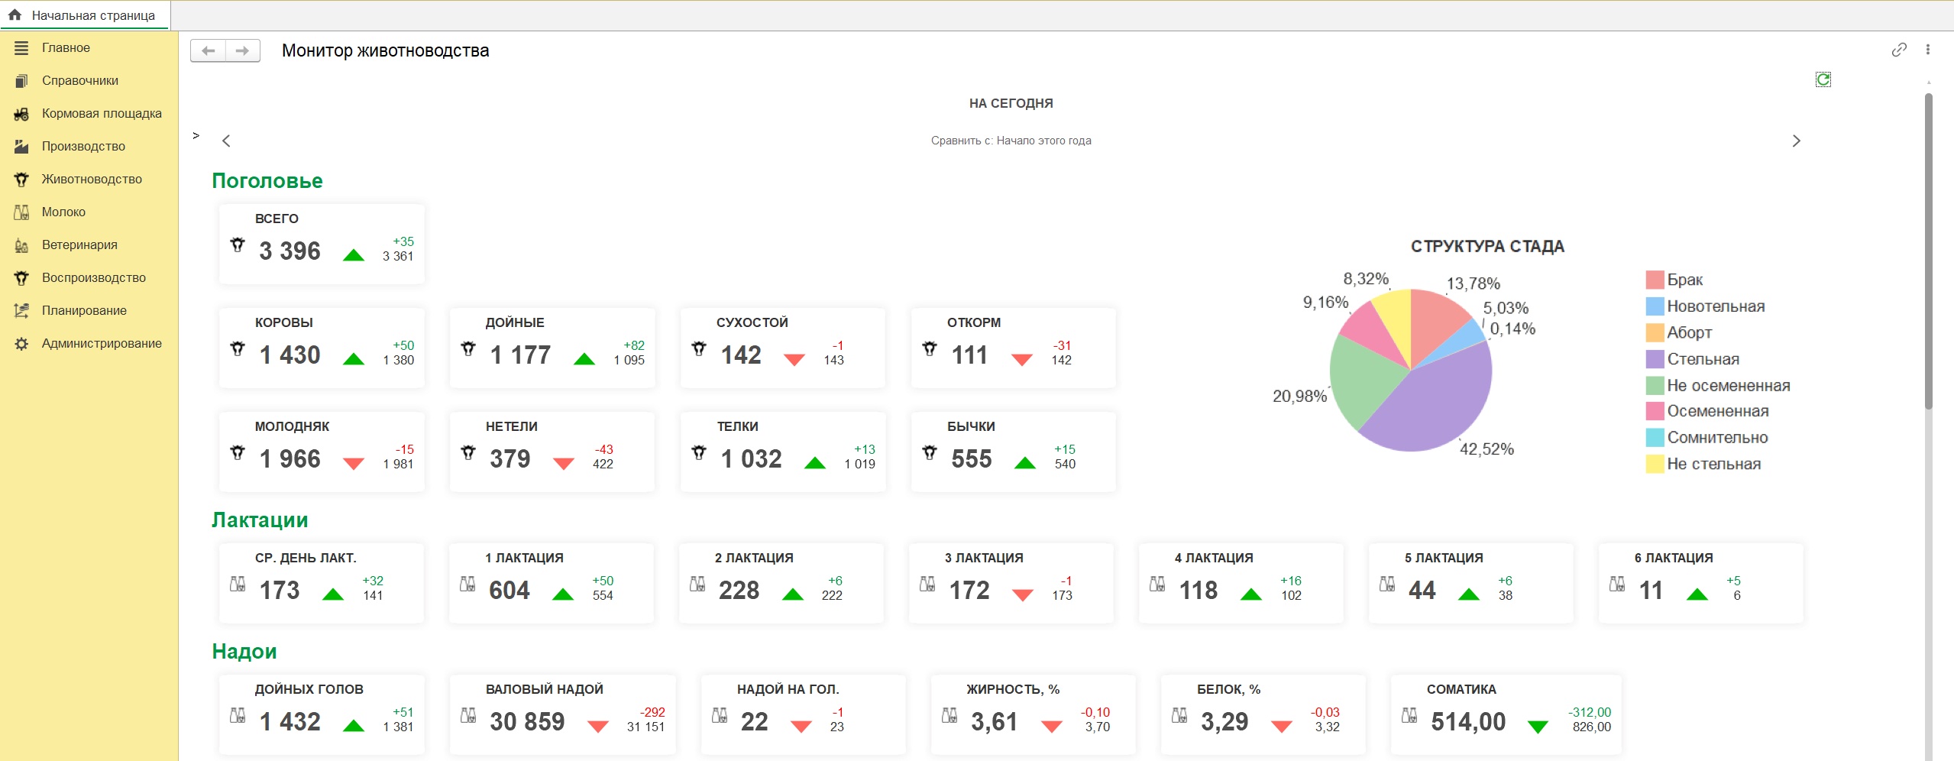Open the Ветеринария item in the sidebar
coord(79,244)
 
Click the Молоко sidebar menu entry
coord(63,212)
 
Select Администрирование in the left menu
coord(102,343)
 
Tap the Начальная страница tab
coord(92,15)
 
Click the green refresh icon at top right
coord(1823,79)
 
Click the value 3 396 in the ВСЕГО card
coord(290,251)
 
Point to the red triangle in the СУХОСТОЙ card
coord(794,359)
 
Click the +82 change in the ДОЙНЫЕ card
coord(633,345)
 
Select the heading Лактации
coord(260,520)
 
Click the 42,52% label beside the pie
coord(1487,449)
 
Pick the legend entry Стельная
coord(1703,359)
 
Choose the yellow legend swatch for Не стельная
coord(1655,464)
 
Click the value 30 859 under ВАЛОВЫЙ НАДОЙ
coord(527,721)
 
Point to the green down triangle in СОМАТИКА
coord(1537,727)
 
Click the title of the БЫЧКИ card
coord(971,426)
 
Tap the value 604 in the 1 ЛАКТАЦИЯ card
coord(510,590)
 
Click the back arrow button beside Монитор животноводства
coord(208,50)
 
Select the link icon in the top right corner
coord(1898,50)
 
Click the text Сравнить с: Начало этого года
coord(1011,141)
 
